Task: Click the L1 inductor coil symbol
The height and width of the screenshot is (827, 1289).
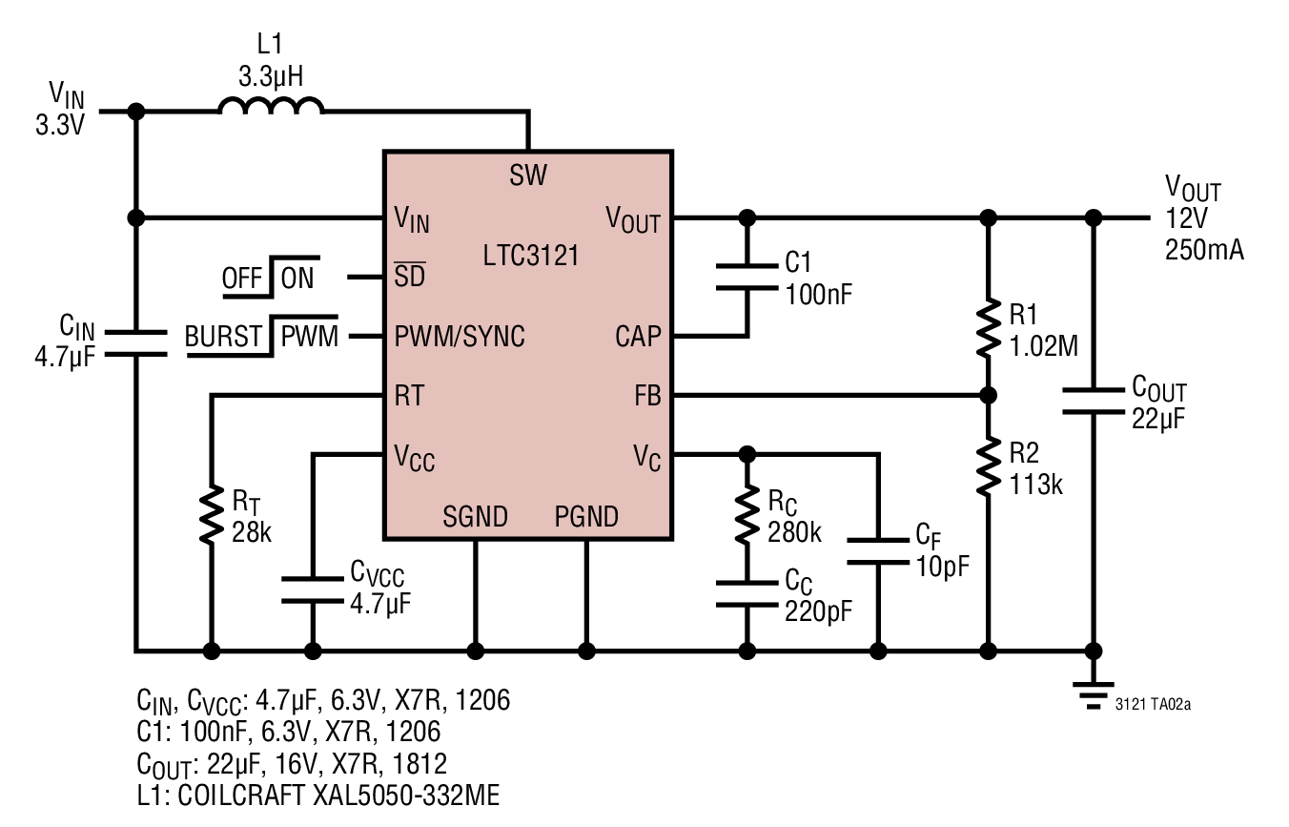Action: pos(271,105)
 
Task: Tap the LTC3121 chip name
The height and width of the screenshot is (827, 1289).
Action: pos(530,255)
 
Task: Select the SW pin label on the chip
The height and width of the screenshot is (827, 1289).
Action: pos(527,175)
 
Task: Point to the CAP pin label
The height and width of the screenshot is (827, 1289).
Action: pos(638,337)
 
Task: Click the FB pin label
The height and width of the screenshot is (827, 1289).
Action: pos(647,396)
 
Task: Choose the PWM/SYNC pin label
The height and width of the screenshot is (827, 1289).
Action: pos(460,337)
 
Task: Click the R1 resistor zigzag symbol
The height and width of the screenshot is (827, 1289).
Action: pos(988,329)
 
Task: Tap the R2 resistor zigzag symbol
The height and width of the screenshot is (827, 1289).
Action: pos(988,465)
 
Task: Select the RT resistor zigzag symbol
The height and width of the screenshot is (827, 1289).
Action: pos(212,514)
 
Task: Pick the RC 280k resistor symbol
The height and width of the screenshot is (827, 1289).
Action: pos(747,514)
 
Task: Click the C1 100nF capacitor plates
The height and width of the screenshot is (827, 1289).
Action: pos(747,277)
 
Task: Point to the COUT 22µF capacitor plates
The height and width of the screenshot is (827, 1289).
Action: pos(1093,402)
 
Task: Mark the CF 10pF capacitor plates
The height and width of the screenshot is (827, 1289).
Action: pos(878,551)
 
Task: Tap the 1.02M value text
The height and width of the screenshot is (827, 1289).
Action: pos(1044,346)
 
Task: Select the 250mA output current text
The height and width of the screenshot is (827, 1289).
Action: pos(1204,250)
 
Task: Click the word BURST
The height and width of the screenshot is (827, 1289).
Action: pos(223,337)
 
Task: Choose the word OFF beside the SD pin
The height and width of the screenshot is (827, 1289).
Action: pos(242,279)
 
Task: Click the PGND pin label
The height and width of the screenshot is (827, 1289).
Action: pos(586,517)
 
